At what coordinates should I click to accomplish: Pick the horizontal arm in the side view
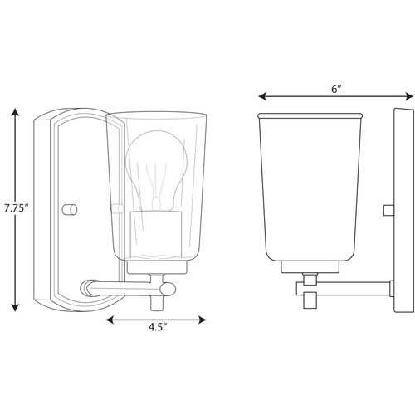344,288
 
